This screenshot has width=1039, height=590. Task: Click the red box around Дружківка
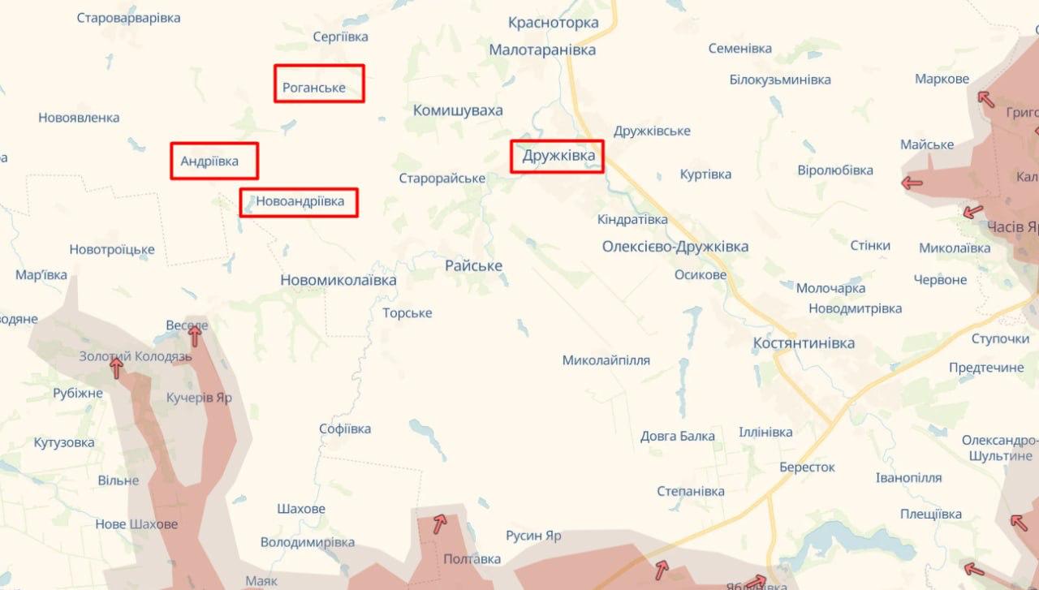point(557,156)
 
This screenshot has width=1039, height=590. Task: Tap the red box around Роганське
point(319,84)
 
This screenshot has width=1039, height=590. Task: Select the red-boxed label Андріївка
point(214,161)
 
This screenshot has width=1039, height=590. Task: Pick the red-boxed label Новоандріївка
point(299,201)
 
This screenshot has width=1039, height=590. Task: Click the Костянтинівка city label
point(804,343)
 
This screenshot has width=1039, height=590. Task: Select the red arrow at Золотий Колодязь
point(116,368)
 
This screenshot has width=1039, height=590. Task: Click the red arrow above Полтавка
point(439,523)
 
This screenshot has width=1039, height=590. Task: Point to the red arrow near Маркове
point(985,99)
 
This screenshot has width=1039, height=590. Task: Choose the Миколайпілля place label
point(606,360)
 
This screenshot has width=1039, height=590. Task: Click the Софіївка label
point(345,429)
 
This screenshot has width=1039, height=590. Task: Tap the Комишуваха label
point(458,110)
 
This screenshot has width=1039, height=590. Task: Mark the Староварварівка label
point(128,18)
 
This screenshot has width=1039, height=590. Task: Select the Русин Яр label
point(533,536)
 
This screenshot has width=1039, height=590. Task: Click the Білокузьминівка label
point(779,80)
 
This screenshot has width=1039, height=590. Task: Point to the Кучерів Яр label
point(199,398)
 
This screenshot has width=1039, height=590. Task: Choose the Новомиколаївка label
point(338,280)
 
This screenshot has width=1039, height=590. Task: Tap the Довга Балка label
point(677,437)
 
